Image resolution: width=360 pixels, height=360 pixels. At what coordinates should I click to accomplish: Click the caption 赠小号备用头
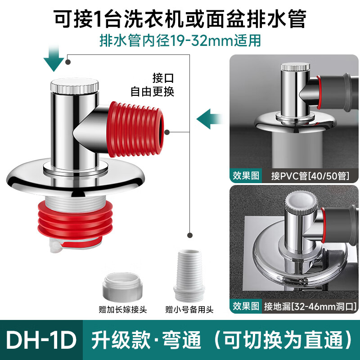189,310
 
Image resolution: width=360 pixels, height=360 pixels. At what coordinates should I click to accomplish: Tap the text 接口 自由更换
152,85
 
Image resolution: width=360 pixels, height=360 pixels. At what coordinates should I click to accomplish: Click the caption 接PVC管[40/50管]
310,175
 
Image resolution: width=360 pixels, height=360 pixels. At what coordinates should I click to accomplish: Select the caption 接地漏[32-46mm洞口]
310,307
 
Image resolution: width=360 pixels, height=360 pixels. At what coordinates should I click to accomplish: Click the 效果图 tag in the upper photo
246,175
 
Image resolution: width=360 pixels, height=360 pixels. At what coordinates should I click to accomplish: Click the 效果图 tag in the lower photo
246,307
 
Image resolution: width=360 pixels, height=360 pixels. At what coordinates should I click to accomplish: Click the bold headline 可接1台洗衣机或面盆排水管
180,18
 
